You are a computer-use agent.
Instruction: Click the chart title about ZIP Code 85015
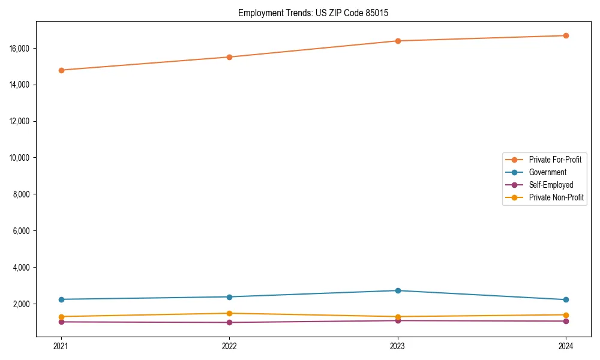(313, 13)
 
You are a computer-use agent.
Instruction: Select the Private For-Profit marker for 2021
(61, 70)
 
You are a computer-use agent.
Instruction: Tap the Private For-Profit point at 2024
(566, 35)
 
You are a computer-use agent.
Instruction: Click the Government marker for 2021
(61, 299)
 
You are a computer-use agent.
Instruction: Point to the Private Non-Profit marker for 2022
(229, 313)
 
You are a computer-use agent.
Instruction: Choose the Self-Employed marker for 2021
(61, 322)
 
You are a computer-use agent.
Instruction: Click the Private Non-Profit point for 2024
(566, 315)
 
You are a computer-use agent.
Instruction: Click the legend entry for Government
(547, 172)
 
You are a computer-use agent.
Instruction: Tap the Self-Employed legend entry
(551, 185)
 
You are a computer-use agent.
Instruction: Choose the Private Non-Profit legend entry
(556, 197)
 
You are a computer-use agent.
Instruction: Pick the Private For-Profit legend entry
(555, 160)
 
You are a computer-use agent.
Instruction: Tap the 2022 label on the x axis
(229, 346)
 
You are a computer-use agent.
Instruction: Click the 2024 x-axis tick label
(566, 346)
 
